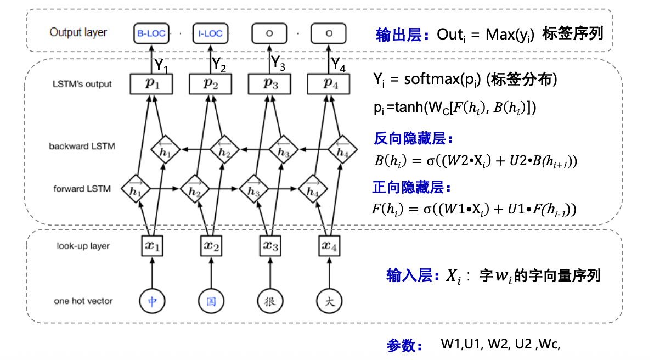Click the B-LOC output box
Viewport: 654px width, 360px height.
click(x=150, y=33)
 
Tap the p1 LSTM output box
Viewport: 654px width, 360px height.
click(x=150, y=83)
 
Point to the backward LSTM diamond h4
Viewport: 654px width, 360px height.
click(x=342, y=149)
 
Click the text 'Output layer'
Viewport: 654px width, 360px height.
click(x=78, y=32)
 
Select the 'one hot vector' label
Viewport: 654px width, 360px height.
click(x=83, y=301)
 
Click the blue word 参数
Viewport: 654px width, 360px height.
click(x=404, y=346)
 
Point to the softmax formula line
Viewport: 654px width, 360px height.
click(x=465, y=80)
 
